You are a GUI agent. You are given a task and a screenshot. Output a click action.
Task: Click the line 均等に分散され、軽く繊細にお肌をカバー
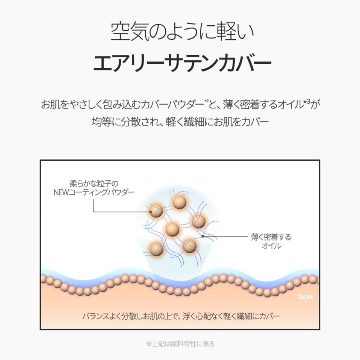180,122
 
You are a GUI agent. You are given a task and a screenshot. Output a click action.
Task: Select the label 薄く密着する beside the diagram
271,237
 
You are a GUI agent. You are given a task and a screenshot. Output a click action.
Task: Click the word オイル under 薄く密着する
271,246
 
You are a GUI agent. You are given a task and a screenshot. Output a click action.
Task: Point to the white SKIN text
305,297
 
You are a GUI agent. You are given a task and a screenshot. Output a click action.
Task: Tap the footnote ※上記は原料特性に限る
180,344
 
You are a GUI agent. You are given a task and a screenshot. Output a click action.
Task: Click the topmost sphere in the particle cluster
180,202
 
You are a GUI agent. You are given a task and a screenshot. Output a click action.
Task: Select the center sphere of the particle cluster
172,230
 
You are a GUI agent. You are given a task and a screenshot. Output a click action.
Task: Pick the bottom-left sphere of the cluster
156,249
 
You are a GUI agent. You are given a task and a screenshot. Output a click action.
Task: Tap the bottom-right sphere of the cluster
190,246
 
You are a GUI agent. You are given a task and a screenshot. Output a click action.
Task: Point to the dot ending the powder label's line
151,212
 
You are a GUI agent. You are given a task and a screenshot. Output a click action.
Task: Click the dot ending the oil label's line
203,236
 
